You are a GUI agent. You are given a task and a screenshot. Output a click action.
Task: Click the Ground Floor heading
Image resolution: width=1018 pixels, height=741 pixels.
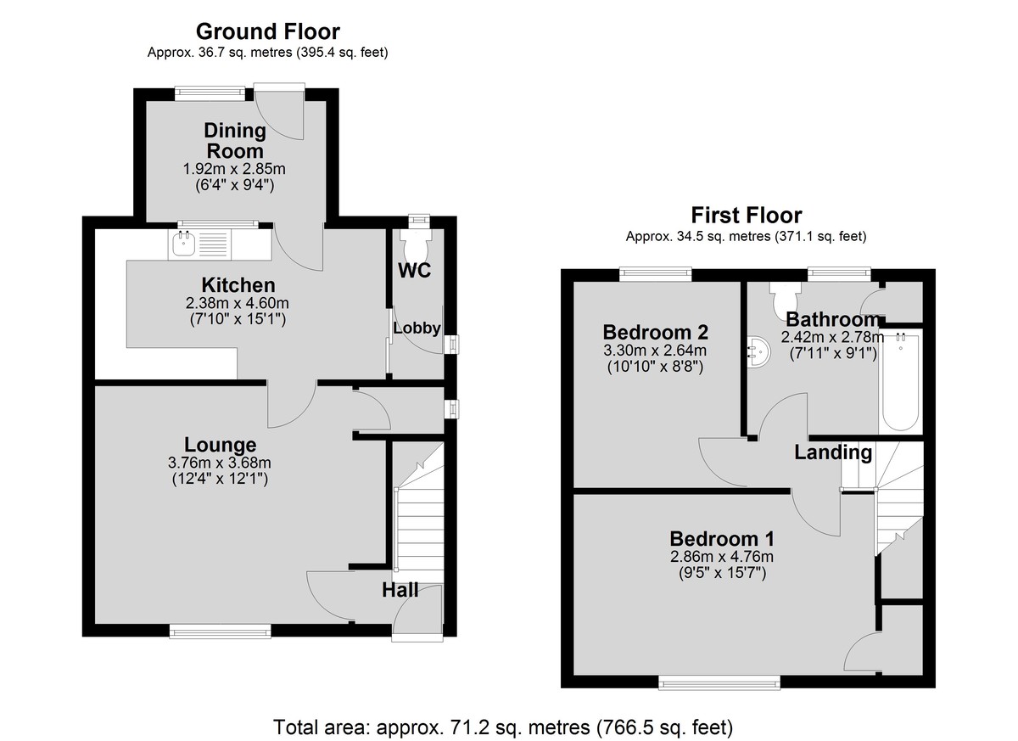(268, 31)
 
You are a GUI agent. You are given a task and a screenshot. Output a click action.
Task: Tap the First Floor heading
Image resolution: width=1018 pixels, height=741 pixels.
(747, 216)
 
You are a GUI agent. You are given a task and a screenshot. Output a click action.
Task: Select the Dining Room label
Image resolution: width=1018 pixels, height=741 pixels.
(235, 140)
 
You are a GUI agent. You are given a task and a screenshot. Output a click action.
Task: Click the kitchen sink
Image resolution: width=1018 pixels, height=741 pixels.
(184, 244)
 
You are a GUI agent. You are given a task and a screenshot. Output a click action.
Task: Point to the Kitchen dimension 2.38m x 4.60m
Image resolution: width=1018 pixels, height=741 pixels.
(238, 303)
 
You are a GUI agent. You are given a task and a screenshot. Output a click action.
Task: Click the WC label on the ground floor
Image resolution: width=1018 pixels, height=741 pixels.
(415, 271)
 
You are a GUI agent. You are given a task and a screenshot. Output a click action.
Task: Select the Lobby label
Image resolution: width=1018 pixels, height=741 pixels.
(417, 328)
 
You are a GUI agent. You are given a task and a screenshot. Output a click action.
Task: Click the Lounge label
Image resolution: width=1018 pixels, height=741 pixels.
(220, 446)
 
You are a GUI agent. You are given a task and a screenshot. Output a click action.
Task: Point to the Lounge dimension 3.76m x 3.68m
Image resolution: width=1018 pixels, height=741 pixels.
(220, 463)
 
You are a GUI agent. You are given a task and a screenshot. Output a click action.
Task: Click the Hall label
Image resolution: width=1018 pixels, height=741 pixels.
(400, 590)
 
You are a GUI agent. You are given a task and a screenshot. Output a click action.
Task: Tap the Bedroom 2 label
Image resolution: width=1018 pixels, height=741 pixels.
(655, 333)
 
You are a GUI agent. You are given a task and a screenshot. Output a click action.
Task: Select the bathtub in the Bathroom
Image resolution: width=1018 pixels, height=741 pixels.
(900, 382)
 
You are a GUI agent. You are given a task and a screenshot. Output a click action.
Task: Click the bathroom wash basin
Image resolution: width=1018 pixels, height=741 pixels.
(758, 351)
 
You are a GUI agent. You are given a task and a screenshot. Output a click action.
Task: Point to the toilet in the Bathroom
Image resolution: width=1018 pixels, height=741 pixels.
(785, 296)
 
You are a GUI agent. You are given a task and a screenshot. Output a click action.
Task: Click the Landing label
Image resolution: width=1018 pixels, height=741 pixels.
(833, 452)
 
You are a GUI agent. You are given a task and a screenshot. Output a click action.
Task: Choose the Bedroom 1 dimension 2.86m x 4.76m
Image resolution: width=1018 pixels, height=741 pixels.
(722, 557)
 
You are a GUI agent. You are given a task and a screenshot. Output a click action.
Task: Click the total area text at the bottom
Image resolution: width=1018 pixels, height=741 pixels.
(503, 727)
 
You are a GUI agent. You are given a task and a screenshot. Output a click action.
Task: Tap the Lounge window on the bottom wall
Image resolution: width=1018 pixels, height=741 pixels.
(220, 631)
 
